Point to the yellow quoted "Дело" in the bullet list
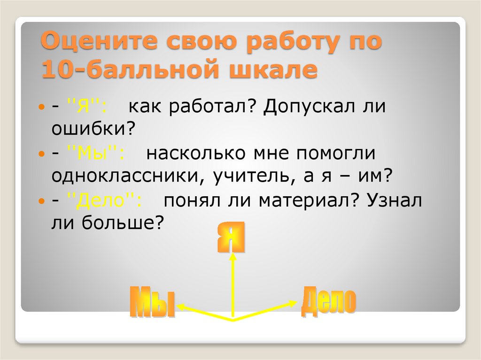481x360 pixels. (x=104, y=200)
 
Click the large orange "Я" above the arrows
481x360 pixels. (x=232, y=238)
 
